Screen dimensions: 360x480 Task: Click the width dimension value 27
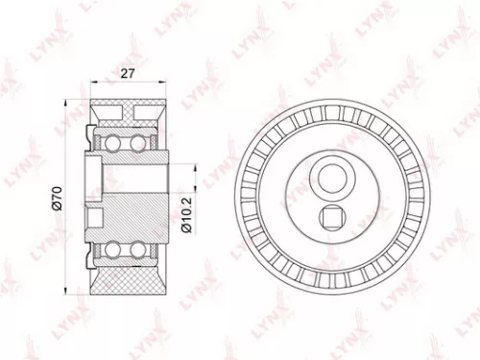(129, 72)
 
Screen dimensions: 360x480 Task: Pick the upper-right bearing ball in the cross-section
(140, 143)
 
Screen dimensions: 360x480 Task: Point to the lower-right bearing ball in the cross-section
(140, 251)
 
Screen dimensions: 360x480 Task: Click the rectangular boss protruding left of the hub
(94, 177)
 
